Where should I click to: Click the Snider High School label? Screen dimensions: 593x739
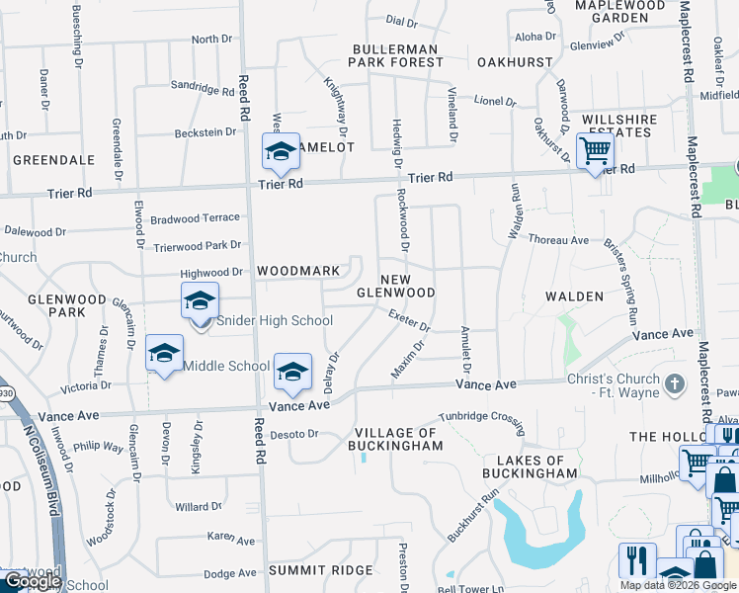point(274,320)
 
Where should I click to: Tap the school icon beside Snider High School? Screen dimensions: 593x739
point(200,301)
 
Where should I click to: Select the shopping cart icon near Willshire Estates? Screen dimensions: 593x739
point(595,151)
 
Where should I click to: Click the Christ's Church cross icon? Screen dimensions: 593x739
point(675,382)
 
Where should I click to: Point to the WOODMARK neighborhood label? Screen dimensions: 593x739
point(298,271)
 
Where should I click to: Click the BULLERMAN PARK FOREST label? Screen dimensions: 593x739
point(399,55)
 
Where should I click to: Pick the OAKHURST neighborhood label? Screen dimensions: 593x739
point(514,61)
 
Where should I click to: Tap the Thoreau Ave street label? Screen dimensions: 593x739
point(558,239)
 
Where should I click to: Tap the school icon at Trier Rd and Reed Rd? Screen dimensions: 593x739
point(281,152)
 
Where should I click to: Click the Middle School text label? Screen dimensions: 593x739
point(226,366)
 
